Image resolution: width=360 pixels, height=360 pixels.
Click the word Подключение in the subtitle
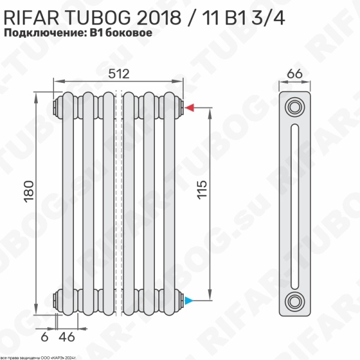click(46, 34)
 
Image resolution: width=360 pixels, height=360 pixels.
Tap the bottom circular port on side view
click(294, 301)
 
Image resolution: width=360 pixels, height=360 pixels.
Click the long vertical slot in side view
click(294, 204)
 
